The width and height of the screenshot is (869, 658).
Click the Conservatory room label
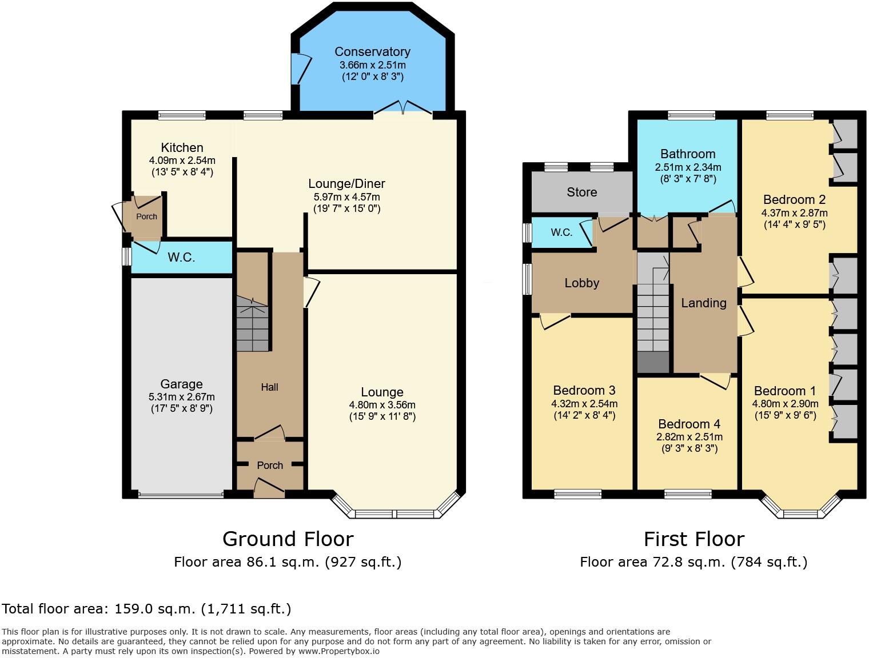pyautogui.click(x=372, y=52)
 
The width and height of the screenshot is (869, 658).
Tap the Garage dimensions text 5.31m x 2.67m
pyautogui.click(x=181, y=397)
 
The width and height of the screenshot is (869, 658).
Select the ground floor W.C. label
pyautogui.click(x=181, y=258)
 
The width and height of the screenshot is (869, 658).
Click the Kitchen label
pyautogui.click(x=182, y=148)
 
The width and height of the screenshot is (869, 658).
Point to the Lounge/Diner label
pyautogui.click(x=346, y=184)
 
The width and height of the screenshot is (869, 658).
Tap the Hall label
pyautogui.click(x=269, y=387)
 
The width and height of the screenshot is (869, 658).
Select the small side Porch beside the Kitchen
pyautogui.click(x=146, y=217)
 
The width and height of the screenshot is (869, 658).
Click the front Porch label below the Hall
pyautogui.click(x=270, y=466)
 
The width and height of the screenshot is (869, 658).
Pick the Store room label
pyautogui.click(x=581, y=192)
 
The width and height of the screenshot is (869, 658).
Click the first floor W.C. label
pyautogui.click(x=561, y=232)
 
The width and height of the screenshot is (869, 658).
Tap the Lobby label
pyautogui.click(x=581, y=283)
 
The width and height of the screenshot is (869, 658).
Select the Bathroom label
pyautogui.click(x=688, y=154)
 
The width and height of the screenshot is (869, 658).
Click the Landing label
pyautogui.click(x=703, y=303)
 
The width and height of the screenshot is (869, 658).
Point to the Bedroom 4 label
pyautogui.click(x=689, y=424)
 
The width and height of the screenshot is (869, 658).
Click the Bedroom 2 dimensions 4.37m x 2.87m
pyautogui.click(x=794, y=213)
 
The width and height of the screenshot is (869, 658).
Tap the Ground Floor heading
pyautogui.click(x=288, y=539)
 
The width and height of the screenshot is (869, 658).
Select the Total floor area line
pyautogui.click(x=146, y=609)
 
